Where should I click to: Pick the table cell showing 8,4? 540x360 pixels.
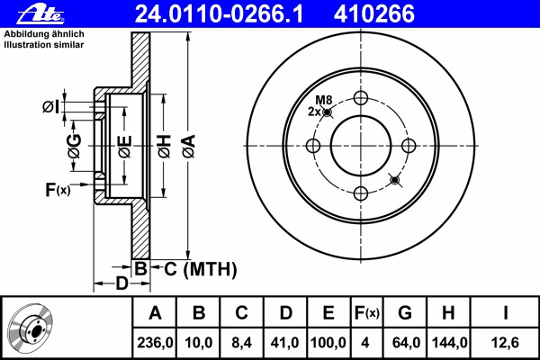[x=242, y=343]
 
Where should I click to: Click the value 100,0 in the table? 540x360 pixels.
[x=328, y=343]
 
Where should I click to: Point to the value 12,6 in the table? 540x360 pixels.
[x=506, y=343]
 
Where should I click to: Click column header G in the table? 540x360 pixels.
[x=405, y=314]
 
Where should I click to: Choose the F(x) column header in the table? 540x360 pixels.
[x=366, y=314]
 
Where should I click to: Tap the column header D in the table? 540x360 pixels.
[x=284, y=314]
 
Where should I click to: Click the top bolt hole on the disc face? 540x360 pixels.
[x=361, y=99]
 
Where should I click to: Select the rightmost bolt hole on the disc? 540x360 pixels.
[x=408, y=146]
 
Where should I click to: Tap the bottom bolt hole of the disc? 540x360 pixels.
[x=361, y=193]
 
